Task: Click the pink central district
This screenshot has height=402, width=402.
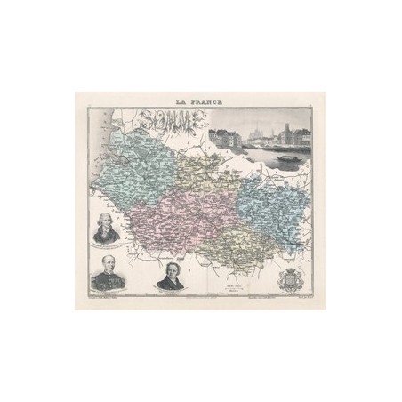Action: (178, 222)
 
